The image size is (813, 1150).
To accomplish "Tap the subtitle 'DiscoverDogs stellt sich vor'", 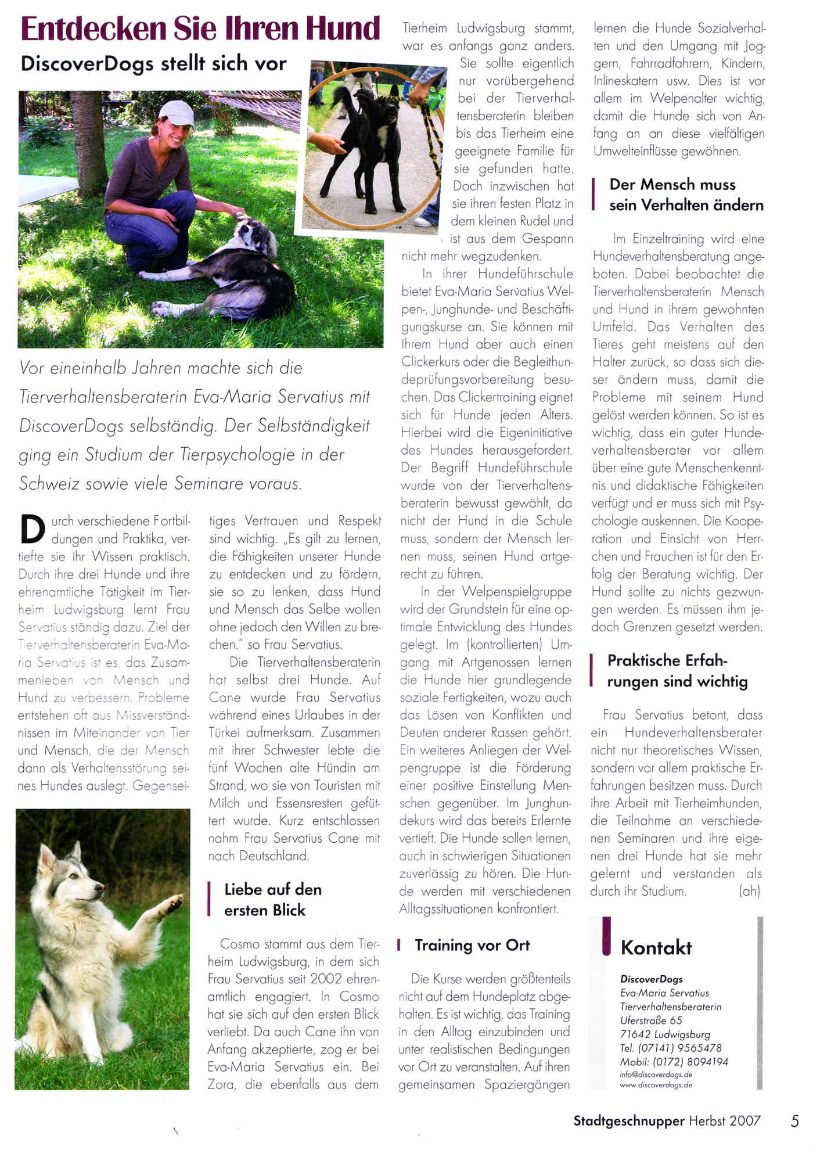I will click(x=153, y=63).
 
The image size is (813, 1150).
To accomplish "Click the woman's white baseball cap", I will click(x=177, y=113).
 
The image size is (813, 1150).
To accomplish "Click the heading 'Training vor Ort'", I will click(x=472, y=945).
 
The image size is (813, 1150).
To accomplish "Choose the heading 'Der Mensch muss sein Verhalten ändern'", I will click(x=685, y=195).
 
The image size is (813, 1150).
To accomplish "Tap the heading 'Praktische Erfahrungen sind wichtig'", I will click(x=677, y=671).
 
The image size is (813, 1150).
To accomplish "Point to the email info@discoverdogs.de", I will click(x=656, y=1074).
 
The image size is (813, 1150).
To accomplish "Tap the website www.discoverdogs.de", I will click(x=656, y=1085).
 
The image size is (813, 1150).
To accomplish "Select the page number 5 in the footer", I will click(x=795, y=1120).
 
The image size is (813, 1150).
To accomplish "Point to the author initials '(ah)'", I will click(x=749, y=891).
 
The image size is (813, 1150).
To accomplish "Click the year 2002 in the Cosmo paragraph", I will click(x=326, y=979).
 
